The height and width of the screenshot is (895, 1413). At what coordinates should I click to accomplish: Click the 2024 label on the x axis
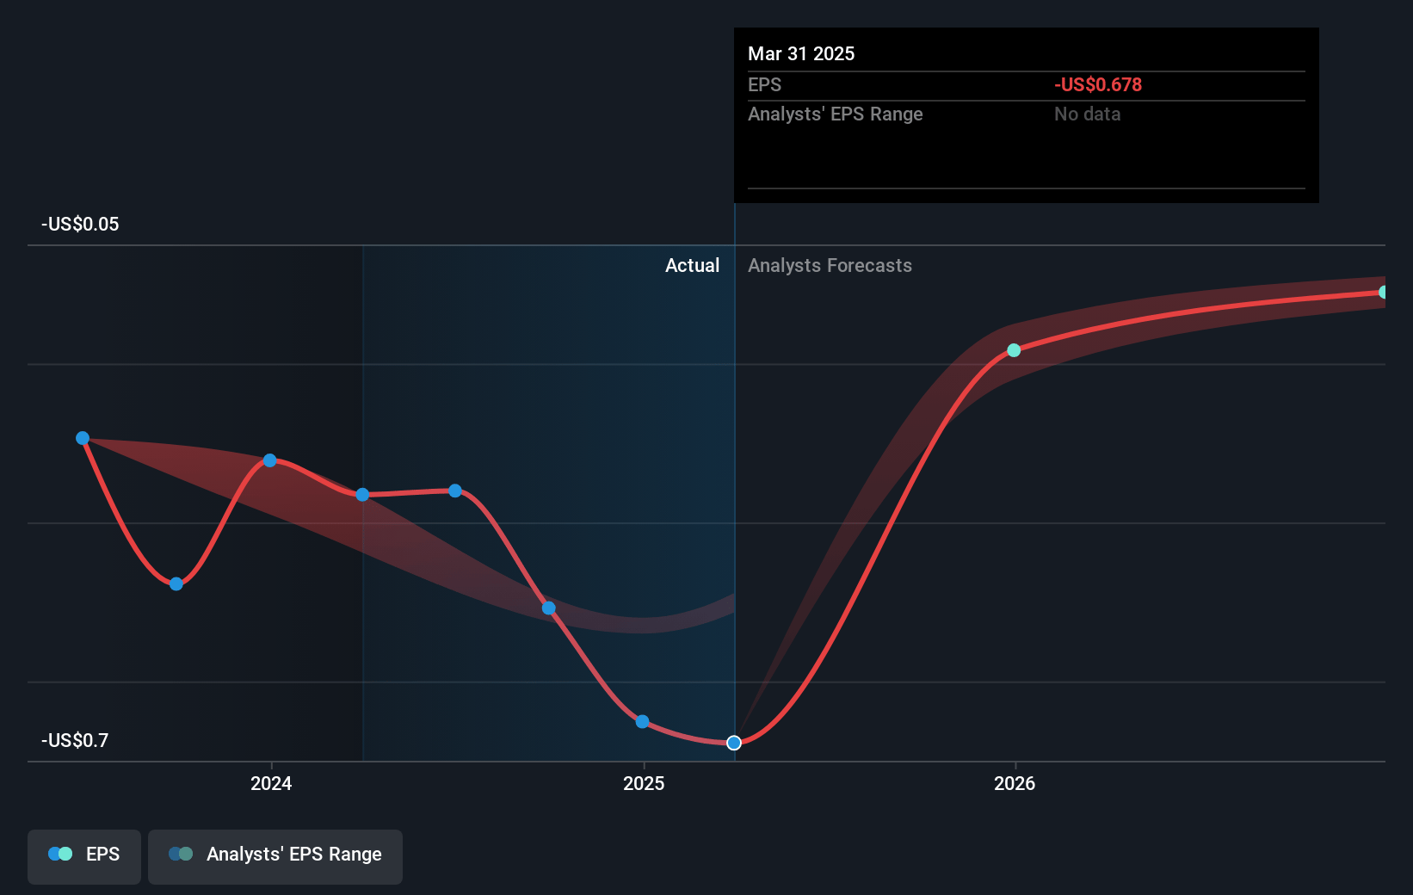tap(271, 783)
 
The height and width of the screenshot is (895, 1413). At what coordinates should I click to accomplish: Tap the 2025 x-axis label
tap(644, 783)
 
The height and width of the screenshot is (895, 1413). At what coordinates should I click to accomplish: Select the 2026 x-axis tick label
tap(1015, 783)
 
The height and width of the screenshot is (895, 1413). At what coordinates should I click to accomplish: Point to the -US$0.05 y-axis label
tap(80, 225)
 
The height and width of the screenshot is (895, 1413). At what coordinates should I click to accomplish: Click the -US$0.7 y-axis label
tap(75, 740)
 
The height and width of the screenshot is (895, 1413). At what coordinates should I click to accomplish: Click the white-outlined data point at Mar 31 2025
tap(734, 743)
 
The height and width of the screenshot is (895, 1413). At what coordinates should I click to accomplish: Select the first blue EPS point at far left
tap(83, 438)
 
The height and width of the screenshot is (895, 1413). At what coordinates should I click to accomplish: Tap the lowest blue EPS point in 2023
tap(176, 584)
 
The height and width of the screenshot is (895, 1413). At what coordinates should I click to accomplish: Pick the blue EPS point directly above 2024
tap(270, 460)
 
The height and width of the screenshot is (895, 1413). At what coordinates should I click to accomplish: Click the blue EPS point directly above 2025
tap(643, 721)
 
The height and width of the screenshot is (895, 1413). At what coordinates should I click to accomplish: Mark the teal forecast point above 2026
tap(1014, 350)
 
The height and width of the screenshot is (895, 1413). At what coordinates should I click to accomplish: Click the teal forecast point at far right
tap(1383, 293)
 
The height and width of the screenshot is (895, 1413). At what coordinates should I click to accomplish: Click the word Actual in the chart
tap(692, 266)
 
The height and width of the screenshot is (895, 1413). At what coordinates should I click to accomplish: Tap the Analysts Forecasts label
tap(830, 266)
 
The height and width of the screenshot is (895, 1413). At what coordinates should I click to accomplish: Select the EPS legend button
tap(84, 855)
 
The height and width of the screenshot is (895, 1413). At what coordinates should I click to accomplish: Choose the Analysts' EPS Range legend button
tap(275, 855)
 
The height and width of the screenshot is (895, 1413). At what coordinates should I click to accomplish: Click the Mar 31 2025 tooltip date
tap(801, 54)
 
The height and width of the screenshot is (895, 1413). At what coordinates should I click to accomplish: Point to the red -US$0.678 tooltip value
tap(1098, 85)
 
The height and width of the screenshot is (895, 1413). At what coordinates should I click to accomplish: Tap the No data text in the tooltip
tap(1088, 114)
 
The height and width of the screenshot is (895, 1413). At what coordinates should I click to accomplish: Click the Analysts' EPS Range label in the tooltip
tap(835, 114)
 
